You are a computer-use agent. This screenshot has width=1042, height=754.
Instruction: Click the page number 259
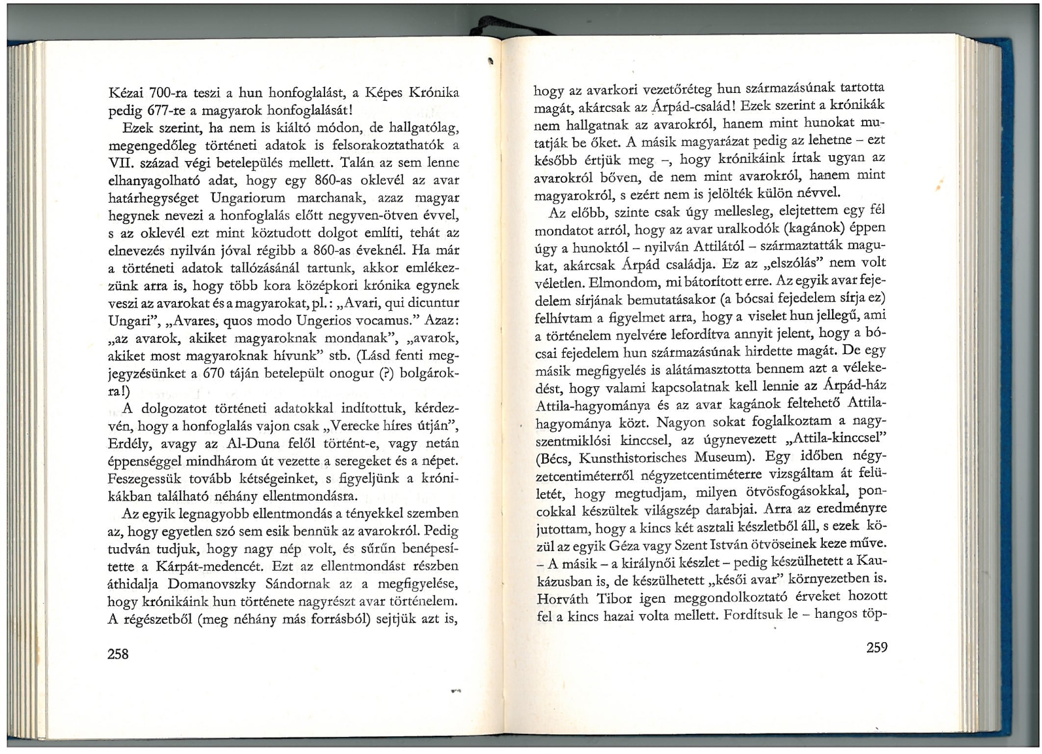877,648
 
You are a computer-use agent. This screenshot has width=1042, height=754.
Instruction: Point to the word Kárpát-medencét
209,565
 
